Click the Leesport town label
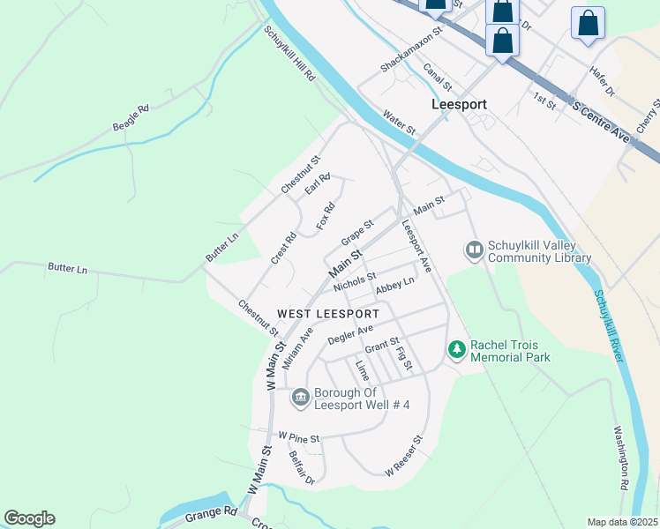[x=460, y=103]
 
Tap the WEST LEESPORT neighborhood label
[x=328, y=314]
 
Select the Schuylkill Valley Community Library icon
[x=475, y=251]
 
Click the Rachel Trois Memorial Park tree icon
[x=456, y=350]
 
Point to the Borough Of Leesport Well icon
[x=300, y=399]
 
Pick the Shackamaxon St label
[x=409, y=56]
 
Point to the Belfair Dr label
[x=302, y=468]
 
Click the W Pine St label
[x=298, y=436]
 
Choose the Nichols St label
[x=355, y=282]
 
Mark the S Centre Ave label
[x=604, y=122]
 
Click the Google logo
[x=29, y=518]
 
